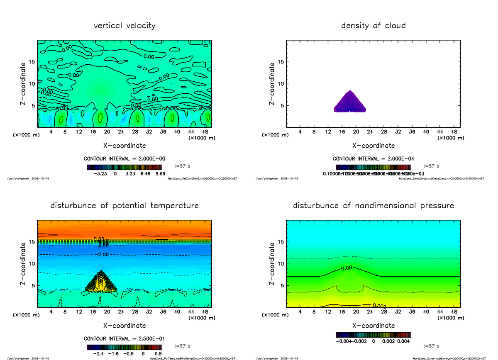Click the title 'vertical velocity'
[x=124, y=26]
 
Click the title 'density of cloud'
[x=373, y=26]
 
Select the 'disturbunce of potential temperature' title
[x=124, y=206]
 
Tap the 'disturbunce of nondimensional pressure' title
[x=373, y=206]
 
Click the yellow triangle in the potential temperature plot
[x=101, y=284]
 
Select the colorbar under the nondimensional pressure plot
[x=373, y=335]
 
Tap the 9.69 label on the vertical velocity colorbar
[x=159, y=174]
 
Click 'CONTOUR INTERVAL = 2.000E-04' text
[x=373, y=159]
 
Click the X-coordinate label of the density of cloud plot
[x=373, y=146]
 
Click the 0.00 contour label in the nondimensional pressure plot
[x=346, y=268]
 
